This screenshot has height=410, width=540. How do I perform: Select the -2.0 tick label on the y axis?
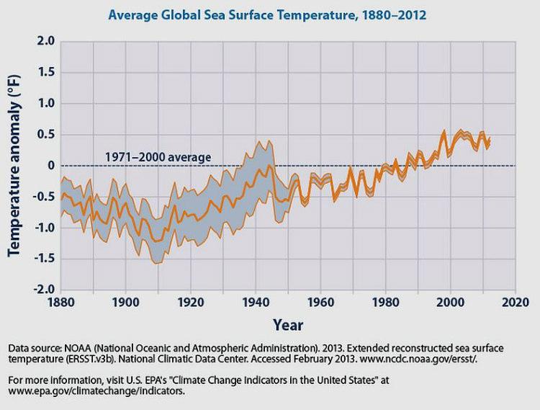point(43,290)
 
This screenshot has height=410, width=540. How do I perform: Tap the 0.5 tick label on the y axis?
point(46,135)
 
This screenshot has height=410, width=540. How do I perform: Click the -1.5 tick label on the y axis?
point(43,259)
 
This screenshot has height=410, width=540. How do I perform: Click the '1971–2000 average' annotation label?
point(158,156)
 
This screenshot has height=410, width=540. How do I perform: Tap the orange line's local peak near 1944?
point(269,166)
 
